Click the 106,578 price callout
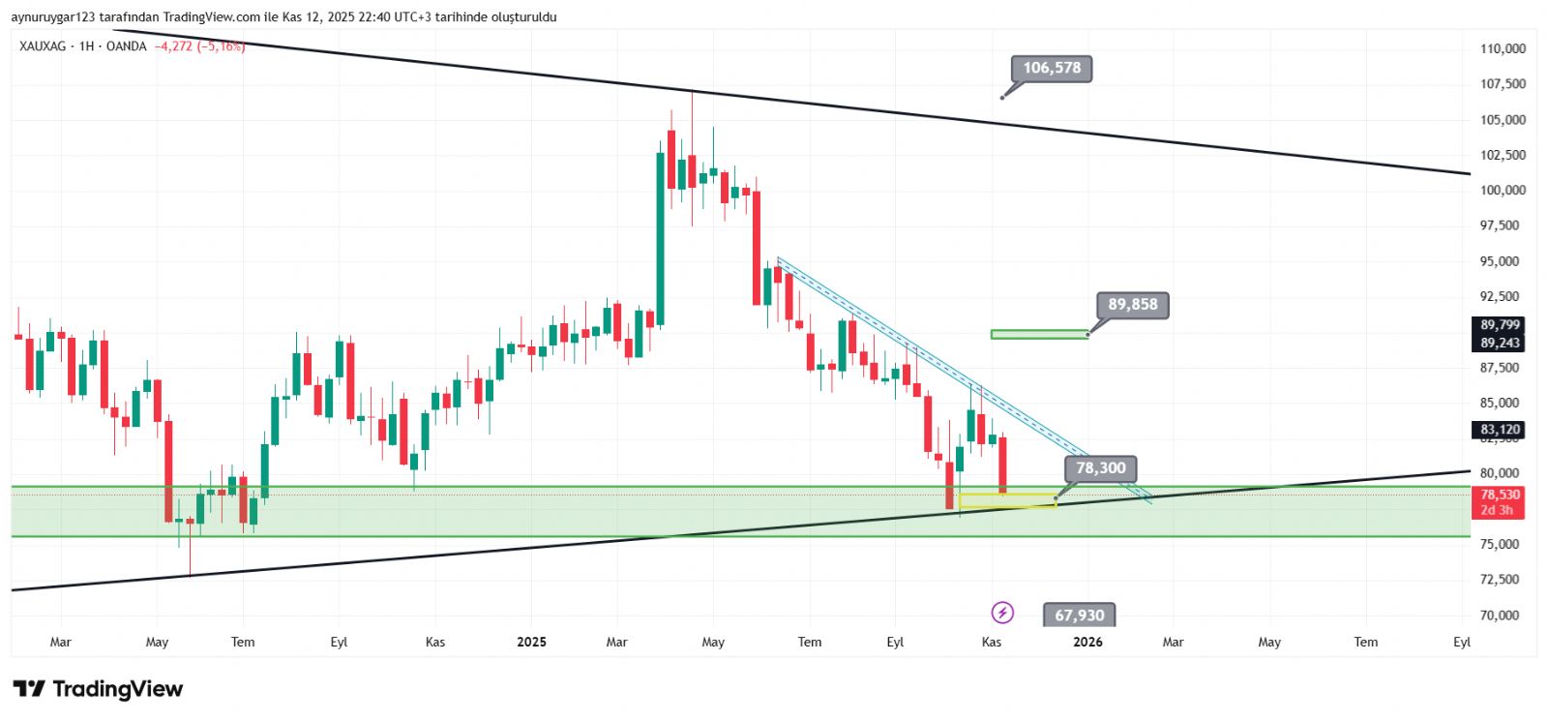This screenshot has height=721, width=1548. pos(1052,68)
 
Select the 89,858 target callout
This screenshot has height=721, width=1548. pos(1132,305)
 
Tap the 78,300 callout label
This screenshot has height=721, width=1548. pos(1100,468)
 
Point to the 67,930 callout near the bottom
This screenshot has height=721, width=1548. pos(1079,616)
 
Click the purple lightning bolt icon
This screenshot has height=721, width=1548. pos(1002,613)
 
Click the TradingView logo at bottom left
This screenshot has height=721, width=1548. pos(98,689)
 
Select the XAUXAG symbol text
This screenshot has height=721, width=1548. pos(42,46)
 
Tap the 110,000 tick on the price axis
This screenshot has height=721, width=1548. pos(1503,48)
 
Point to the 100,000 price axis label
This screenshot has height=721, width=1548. pos(1503,191)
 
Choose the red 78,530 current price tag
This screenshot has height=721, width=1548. pos(1500,495)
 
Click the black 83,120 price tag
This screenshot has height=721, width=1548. pos(1500,430)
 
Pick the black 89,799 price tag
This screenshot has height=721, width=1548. pos(1500,325)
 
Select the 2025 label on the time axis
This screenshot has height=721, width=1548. pos(531,643)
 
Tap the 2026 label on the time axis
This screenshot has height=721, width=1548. pos(1087,643)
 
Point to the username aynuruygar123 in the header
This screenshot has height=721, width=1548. pos(53,17)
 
